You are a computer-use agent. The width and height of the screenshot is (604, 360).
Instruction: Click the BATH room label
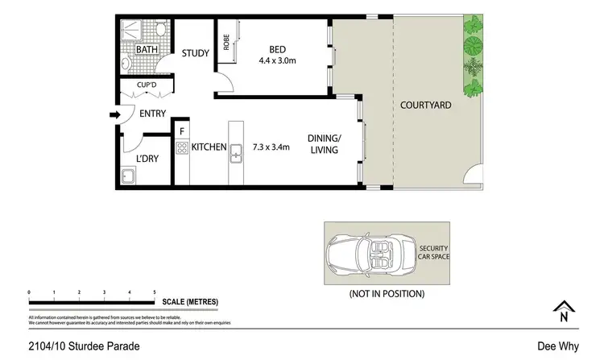tap(147, 50)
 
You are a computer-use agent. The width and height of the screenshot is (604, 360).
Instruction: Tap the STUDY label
tap(195, 54)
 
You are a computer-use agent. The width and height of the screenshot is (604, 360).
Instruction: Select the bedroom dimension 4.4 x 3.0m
tap(277, 60)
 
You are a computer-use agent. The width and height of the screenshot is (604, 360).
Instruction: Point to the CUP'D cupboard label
tap(146, 85)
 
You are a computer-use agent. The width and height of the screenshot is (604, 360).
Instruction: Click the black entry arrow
tap(114, 114)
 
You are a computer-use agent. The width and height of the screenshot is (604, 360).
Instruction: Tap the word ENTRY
tap(152, 114)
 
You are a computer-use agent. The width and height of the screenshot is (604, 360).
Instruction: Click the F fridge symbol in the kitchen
tap(182, 130)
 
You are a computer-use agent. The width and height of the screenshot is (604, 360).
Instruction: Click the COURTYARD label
tap(426, 106)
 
